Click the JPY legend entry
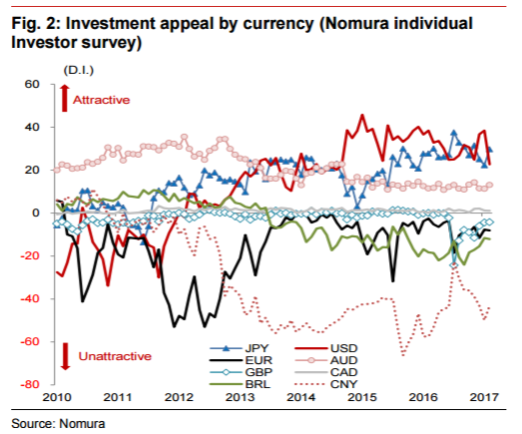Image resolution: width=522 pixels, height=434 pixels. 239,348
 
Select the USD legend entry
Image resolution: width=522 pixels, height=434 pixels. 326,348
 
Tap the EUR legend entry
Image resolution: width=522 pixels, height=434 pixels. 241,360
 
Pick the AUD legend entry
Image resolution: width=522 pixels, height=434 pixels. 326,360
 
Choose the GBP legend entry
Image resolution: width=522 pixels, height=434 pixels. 241,372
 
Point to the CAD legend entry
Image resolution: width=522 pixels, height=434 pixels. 326,372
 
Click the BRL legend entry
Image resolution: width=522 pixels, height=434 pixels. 240,384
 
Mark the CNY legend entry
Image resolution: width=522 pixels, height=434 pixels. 326,384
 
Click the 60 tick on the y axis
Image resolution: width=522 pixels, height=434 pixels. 32,84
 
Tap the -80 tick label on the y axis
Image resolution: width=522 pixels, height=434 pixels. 30,384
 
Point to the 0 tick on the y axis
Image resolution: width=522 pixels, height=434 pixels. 36,213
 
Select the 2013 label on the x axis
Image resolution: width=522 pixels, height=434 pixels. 240,397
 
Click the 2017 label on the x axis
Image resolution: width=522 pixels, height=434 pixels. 484,397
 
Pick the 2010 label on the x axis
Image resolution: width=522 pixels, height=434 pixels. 56,397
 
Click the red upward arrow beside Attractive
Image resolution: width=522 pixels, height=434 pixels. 65,98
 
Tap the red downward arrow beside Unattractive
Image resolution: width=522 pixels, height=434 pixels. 65,356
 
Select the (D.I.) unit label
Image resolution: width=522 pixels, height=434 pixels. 79,70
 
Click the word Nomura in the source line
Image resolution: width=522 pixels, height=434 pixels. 82,424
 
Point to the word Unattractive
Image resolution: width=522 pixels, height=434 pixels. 115,356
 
